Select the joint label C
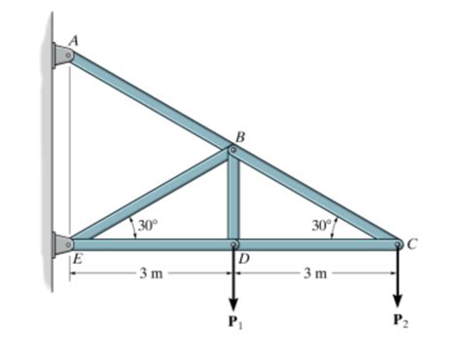point(412,243)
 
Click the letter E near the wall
point(75,259)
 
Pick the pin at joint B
point(232,150)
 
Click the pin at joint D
point(233,243)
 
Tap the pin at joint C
point(398,243)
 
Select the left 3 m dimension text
point(150,274)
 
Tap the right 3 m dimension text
point(314,274)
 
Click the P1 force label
point(233,320)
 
